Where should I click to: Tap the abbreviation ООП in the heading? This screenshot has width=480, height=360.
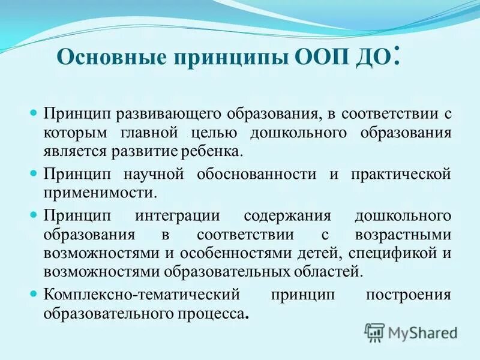coord(318,58)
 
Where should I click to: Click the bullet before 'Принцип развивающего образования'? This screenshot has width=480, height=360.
coord(34,113)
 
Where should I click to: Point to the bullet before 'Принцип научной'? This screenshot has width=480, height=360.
coord(34,173)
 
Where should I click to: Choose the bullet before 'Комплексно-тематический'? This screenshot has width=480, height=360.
coord(34,295)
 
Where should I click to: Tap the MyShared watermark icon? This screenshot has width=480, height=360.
coord(374,332)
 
